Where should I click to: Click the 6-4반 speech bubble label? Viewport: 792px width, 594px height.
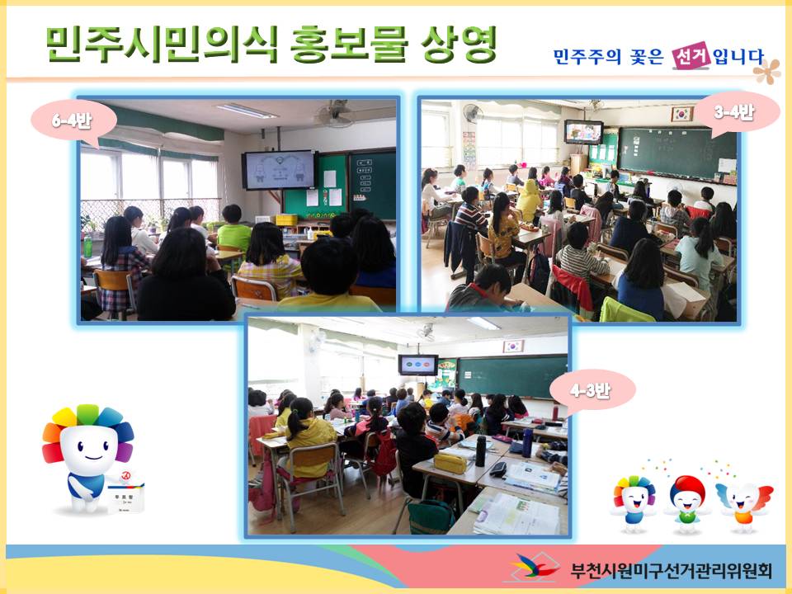tap(73, 121)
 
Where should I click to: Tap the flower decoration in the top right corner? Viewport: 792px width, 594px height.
tap(766, 72)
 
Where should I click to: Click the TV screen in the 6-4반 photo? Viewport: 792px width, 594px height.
tap(280, 170)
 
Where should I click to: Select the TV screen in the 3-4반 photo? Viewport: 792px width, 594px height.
tap(583, 132)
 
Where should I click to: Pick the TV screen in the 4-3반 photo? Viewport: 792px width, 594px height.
tap(417, 365)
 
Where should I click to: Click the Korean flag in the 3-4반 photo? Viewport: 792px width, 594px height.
tap(681, 114)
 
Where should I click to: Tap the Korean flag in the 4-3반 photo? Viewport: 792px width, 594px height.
tap(513, 346)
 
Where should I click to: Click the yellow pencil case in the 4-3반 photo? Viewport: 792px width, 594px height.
tap(450, 464)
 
